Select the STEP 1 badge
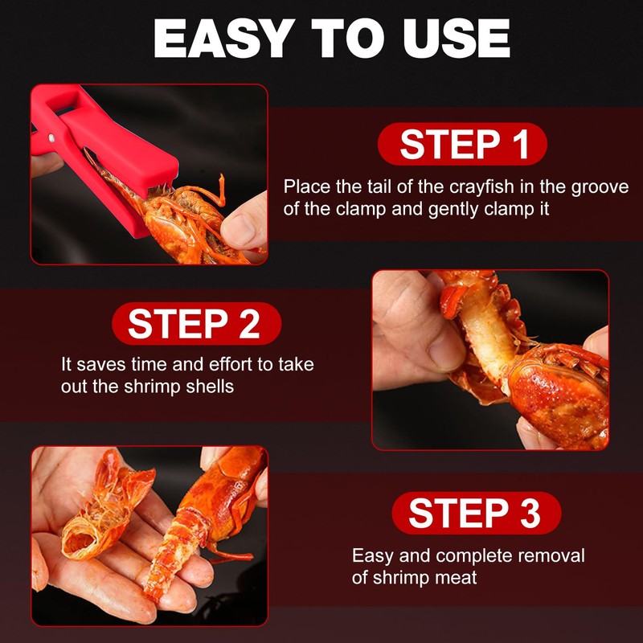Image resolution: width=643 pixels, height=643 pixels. coord(463,145)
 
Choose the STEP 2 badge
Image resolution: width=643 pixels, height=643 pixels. coord(194,324)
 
